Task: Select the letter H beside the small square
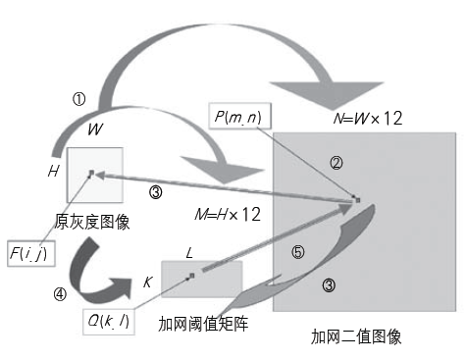tap(52, 172)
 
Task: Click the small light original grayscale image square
tap(95, 175)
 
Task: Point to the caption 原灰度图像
tap(93, 223)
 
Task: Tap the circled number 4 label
tap(60, 292)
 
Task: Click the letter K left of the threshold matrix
tap(147, 283)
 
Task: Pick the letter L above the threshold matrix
tap(189, 253)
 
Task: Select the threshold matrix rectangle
tap(201, 279)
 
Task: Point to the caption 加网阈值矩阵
tap(202, 323)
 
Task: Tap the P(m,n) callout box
tap(240, 119)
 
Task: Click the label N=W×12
tap(364, 119)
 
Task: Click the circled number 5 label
tap(298, 253)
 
